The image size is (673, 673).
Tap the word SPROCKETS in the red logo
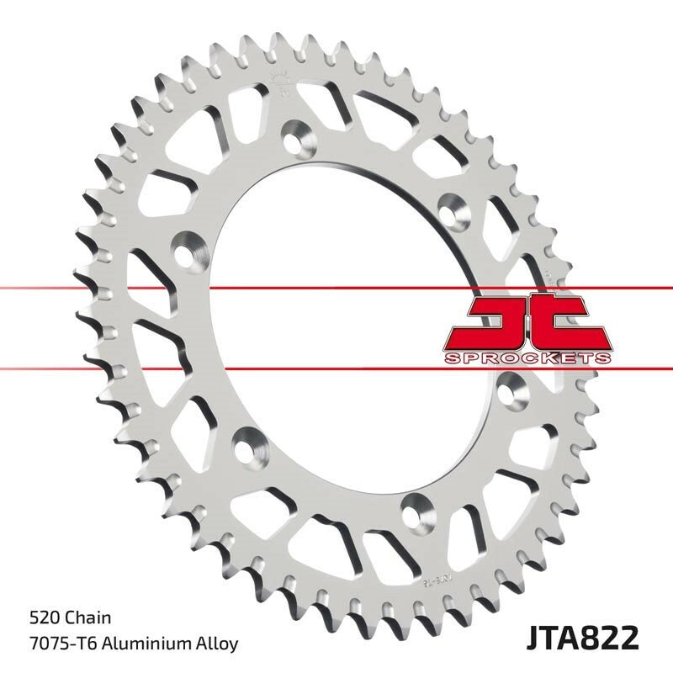tap(527, 358)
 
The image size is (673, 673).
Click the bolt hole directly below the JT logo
tap(510, 388)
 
